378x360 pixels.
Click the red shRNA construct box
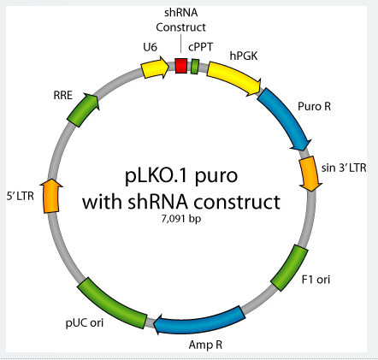(x=181, y=66)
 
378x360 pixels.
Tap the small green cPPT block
(x=195, y=67)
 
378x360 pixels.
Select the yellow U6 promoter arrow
(x=155, y=68)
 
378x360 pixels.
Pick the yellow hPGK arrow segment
(x=234, y=77)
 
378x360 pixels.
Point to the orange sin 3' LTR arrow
(x=310, y=174)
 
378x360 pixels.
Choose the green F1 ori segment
(x=290, y=268)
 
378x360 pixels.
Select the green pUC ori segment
(x=111, y=303)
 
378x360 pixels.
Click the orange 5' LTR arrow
(x=51, y=196)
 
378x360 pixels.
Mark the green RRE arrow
(x=83, y=109)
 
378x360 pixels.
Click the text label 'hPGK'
(x=244, y=56)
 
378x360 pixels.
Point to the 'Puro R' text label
(x=314, y=106)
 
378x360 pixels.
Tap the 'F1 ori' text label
(x=316, y=280)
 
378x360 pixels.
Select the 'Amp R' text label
(x=205, y=345)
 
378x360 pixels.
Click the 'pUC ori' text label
(x=85, y=323)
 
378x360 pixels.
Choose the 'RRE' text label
(x=63, y=95)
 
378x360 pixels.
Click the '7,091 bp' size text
(x=181, y=219)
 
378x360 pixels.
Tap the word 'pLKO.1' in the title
(x=156, y=175)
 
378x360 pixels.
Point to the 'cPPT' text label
(x=200, y=47)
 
